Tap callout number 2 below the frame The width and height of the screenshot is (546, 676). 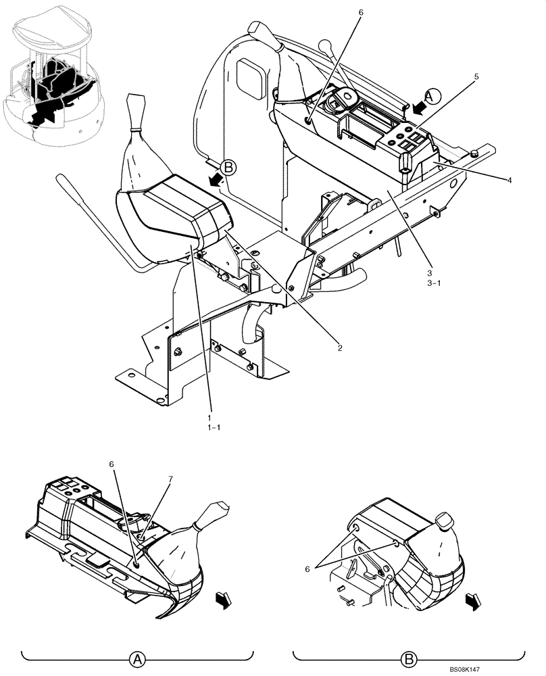click(x=340, y=348)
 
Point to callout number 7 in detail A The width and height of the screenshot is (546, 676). click(x=170, y=479)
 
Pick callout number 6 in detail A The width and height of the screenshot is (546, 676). click(x=113, y=464)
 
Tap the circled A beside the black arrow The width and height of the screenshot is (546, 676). click(x=433, y=95)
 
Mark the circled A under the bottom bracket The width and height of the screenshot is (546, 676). click(x=138, y=658)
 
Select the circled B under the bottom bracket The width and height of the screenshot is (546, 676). click(x=409, y=658)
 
